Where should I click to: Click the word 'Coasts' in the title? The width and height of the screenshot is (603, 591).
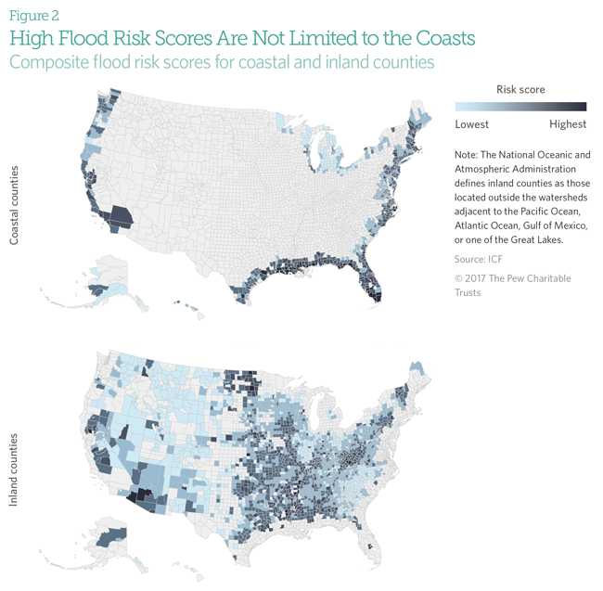tap(438, 38)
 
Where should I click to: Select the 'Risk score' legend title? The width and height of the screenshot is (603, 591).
tap(520, 90)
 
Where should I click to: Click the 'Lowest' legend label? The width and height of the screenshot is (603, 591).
tap(470, 124)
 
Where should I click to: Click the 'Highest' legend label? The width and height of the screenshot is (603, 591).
tap(568, 124)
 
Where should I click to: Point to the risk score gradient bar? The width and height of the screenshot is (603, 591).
tap(520, 107)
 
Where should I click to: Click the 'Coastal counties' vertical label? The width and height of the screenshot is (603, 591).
tap(16, 206)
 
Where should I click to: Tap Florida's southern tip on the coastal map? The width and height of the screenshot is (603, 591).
tap(376, 295)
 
